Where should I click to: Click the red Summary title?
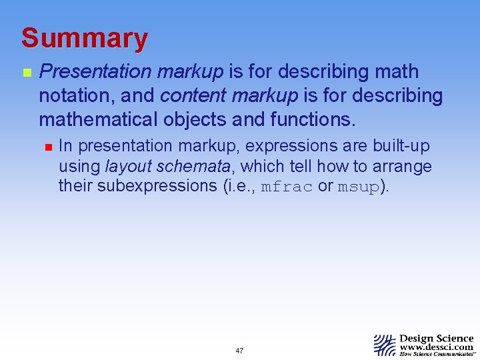coord(84,39)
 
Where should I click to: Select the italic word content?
coord(193,96)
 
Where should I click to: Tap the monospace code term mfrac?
coord(286,187)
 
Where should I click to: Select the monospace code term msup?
coord(358,187)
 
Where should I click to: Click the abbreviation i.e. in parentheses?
coord(241,186)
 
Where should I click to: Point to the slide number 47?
coord(239,351)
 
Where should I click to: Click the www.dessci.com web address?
coord(437,347)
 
